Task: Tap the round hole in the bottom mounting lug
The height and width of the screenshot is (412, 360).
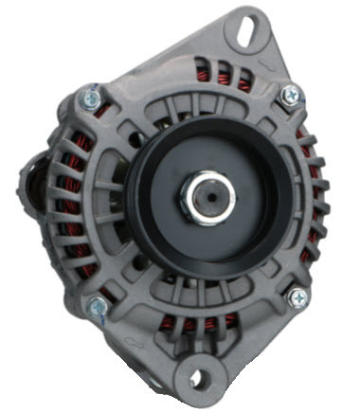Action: click(x=196, y=379)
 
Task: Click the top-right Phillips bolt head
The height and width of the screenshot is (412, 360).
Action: click(x=290, y=94)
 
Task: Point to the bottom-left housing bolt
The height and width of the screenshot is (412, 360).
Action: click(x=98, y=306)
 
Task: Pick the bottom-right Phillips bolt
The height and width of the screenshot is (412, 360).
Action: click(x=297, y=297)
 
